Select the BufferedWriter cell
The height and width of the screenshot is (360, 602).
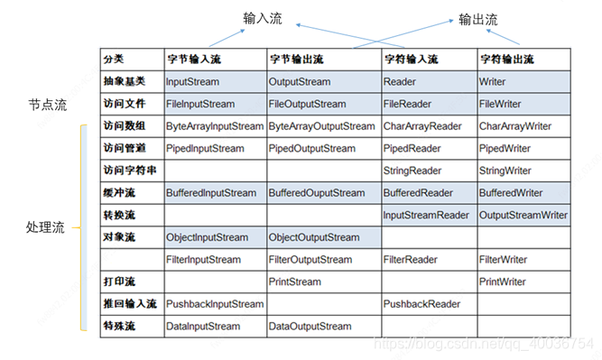[x=510, y=192]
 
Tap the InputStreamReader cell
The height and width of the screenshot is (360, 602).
[x=426, y=215]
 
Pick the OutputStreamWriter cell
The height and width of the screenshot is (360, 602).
[x=523, y=215]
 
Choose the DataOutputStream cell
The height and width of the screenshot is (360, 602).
[x=310, y=326]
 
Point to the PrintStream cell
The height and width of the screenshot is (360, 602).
[x=294, y=282]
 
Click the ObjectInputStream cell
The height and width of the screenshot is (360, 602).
[x=207, y=237]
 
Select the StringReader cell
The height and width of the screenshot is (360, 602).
[x=412, y=170]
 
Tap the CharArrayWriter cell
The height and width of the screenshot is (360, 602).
[x=514, y=126]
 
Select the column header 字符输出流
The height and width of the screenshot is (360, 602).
[x=506, y=59]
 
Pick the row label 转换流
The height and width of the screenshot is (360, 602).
[x=119, y=215]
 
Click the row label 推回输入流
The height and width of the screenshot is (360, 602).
[x=130, y=303]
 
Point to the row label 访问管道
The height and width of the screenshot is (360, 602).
[x=125, y=148]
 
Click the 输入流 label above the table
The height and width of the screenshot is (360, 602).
[x=262, y=18]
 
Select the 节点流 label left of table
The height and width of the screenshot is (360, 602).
[x=48, y=106]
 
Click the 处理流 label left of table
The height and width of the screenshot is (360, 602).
[x=45, y=227]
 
